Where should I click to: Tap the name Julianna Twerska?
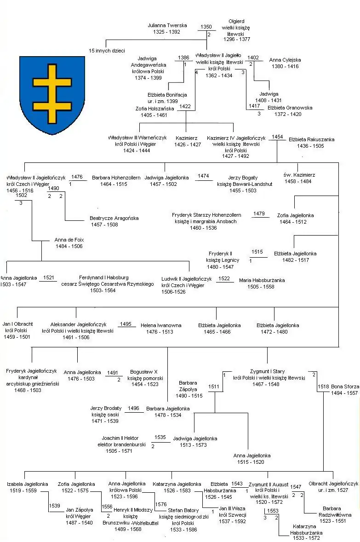pyautogui.click(x=167, y=26)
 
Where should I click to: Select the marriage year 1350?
pyautogui.click(x=206, y=27)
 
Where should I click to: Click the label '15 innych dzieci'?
pyautogui.click(x=107, y=51)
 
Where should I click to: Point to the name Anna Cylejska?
pyautogui.click(x=285, y=60)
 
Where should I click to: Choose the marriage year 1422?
pyautogui.click(x=185, y=106)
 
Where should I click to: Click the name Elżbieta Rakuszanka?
pyautogui.click(x=311, y=139)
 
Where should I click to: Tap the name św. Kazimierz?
pyautogui.click(x=297, y=175)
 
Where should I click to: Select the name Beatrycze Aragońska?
pyautogui.click(x=114, y=218)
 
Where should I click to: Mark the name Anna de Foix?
pyautogui.click(x=69, y=240)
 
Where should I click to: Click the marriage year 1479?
pyautogui.click(x=259, y=213)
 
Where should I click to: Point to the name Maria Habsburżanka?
pyautogui.click(x=262, y=280)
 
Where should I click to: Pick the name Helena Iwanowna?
pyautogui.click(x=161, y=325)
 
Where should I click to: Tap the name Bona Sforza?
pyautogui.click(x=344, y=386)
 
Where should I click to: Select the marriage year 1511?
pyautogui.click(x=214, y=387)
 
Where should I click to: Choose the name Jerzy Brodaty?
pyautogui.click(x=106, y=408)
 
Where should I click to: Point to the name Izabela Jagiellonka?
pyautogui.click(x=28, y=484)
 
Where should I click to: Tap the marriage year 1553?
pyautogui.click(x=273, y=511)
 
